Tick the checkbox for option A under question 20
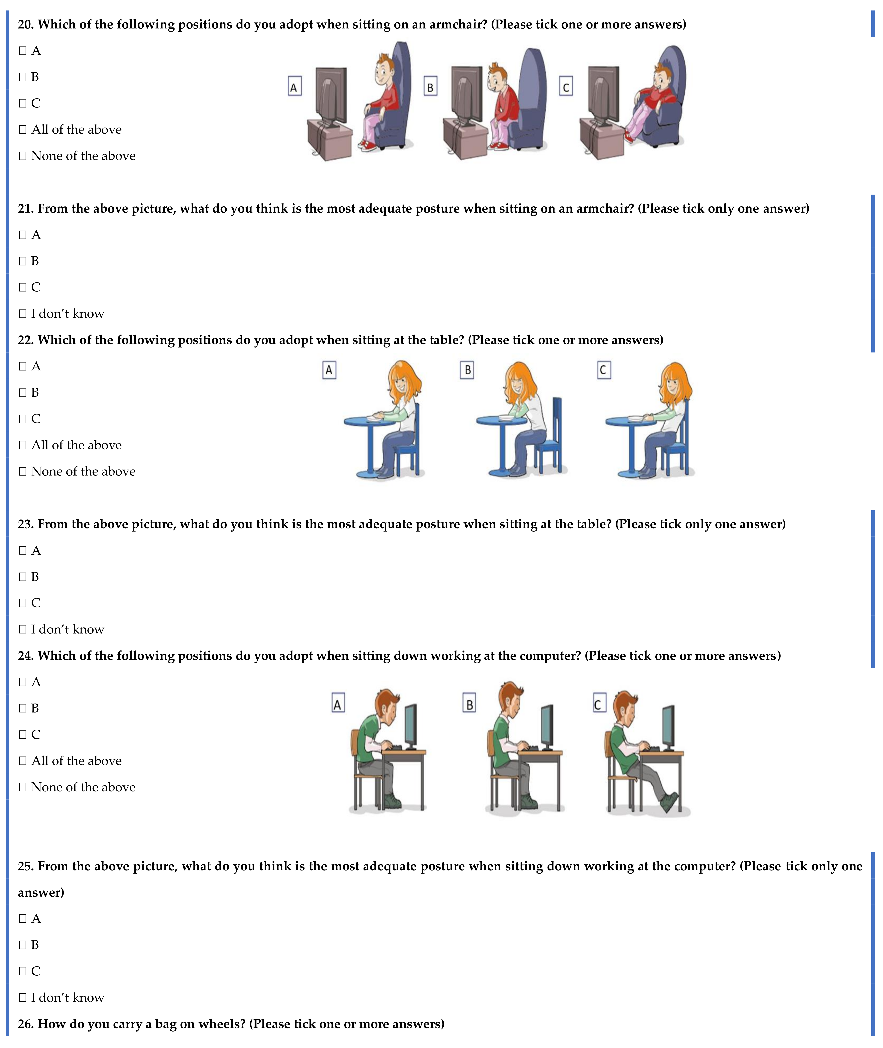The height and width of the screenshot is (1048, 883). pyautogui.click(x=22, y=51)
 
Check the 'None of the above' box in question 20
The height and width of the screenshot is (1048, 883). pyautogui.click(x=22, y=156)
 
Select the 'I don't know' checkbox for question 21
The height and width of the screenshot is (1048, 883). pyautogui.click(x=22, y=314)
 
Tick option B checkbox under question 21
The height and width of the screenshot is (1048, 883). pyautogui.click(x=22, y=261)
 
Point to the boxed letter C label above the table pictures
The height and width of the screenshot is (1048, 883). pyautogui.click(x=604, y=370)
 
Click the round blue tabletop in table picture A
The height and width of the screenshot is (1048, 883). pyautogui.click(x=369, y=421)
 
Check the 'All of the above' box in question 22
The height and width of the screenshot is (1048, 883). pyautogui.click(x=22, y=445)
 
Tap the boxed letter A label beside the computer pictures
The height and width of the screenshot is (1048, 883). pyautogui.click(x=338, y=704)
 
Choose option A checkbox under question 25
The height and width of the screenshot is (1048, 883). pyautogui.click(x=22, y=918)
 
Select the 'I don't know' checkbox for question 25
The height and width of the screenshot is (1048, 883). pyautogui.click(x=22, y=997)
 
